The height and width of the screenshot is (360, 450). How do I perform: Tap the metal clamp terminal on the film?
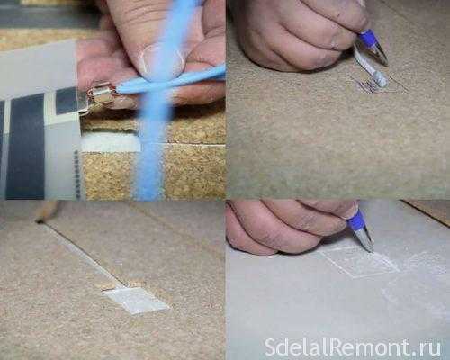click(100, 96)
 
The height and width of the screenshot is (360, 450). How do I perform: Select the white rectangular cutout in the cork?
click(111, 143)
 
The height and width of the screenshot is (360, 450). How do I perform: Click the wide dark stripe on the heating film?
click(24, 147)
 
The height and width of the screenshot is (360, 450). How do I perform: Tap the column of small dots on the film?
click(76, 175)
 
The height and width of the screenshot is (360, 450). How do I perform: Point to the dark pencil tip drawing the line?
click(38, 221)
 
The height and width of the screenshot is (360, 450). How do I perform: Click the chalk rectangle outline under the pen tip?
click(360, 262)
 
